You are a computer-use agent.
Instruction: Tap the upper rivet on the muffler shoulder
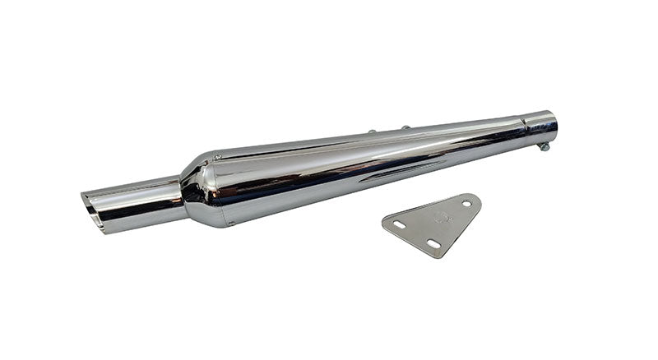click(218, 157)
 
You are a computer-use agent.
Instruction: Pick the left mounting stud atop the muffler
click(372, 132)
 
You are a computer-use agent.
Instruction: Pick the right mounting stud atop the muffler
click(405, 128)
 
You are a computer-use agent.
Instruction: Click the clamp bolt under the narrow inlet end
click(543, 146)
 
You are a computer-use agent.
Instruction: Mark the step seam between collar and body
click(524, 132)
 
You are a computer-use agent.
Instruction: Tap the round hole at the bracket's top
click(466, 202)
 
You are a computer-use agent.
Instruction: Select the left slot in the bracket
click(399, 224)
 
